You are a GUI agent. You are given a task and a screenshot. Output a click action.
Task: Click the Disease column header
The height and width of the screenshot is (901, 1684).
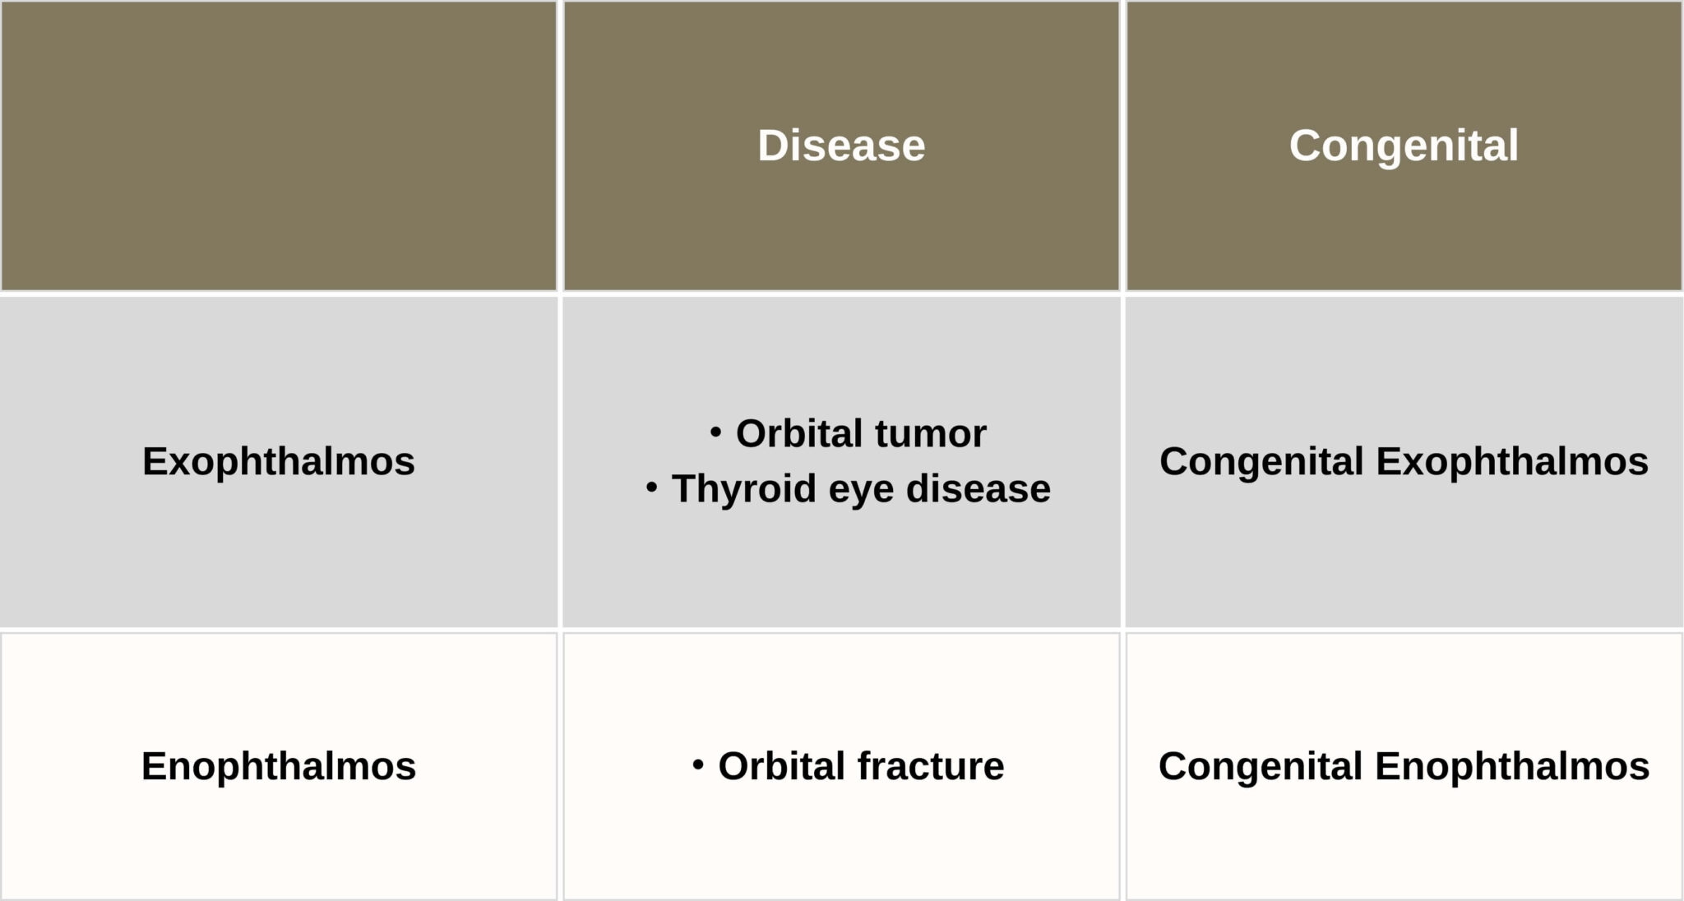(841, 146)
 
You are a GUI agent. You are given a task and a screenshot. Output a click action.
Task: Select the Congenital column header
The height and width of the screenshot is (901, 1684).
(1404, 146)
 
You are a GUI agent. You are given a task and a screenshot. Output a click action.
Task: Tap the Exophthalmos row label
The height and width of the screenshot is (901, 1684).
(279, 461)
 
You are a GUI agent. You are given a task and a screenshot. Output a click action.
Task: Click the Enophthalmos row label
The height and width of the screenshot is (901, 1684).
(279, 766)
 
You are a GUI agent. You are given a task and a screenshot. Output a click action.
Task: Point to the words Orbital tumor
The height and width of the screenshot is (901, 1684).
(861, 433)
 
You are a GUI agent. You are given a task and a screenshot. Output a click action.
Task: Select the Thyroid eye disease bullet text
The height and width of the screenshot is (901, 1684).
(861, 488)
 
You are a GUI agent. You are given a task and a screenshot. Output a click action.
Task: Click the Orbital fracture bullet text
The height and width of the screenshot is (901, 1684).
(861, 766)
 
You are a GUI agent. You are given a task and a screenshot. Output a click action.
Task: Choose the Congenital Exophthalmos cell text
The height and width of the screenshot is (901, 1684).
(1404, 461)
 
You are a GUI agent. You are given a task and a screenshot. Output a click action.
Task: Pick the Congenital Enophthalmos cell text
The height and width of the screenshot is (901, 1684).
(1404, 766)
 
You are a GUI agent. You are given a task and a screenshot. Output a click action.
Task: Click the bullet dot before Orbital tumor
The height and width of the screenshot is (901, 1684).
(716, 431)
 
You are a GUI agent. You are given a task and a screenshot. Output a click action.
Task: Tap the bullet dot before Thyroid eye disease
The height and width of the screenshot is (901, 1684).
(652, 487)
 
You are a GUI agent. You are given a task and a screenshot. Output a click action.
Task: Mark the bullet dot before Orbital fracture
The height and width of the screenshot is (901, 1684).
(698, 765)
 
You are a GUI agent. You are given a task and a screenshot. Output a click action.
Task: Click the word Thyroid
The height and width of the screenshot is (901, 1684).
(744, 488)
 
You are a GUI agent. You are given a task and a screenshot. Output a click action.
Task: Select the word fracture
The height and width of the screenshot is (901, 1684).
(931, 766)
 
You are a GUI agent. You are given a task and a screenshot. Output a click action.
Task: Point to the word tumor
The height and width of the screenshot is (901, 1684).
(930, 435)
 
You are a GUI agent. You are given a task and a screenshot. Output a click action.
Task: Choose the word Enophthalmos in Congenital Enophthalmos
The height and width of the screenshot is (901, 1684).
(1512, 766)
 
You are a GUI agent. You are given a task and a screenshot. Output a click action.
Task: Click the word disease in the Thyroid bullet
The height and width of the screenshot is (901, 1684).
(978, 488)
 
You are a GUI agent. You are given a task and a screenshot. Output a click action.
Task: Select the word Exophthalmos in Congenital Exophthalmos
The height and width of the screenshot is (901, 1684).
(1513, 461)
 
